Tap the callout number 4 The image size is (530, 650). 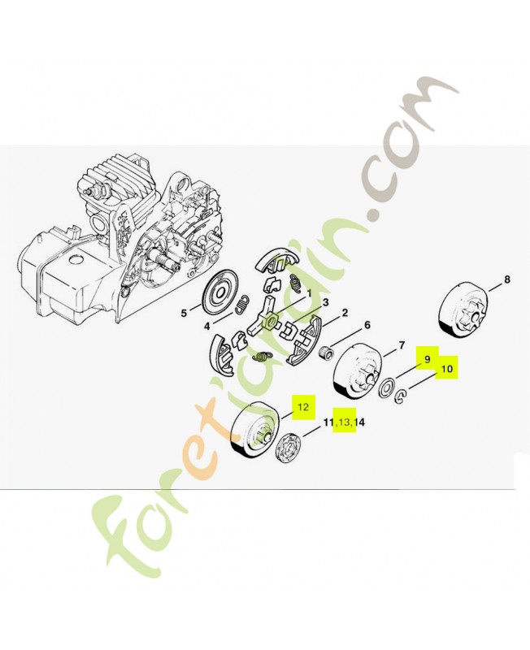tap(207, 327)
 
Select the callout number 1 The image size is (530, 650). tap(309, 293)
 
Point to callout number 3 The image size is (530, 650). tap(325, 302)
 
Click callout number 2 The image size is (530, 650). tap(345, 313)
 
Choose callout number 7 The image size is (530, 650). tap(402, 344)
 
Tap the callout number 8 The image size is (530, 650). tap(507, 279)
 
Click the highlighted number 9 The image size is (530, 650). tap(428, 359)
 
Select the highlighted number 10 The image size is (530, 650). tap(446, 368)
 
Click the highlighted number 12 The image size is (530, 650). tap(303, 407)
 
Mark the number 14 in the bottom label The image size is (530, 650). tap(359, 422)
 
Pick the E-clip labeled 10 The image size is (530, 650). tap(401, 396)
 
